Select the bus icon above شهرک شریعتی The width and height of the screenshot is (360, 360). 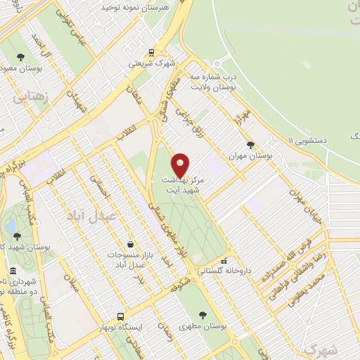[151, 52]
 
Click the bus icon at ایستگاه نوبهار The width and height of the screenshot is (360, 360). [121, 316]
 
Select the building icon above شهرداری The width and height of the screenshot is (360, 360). [12, 271]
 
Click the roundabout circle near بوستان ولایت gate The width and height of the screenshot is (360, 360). [224, 63]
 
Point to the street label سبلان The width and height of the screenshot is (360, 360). [70, 282]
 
